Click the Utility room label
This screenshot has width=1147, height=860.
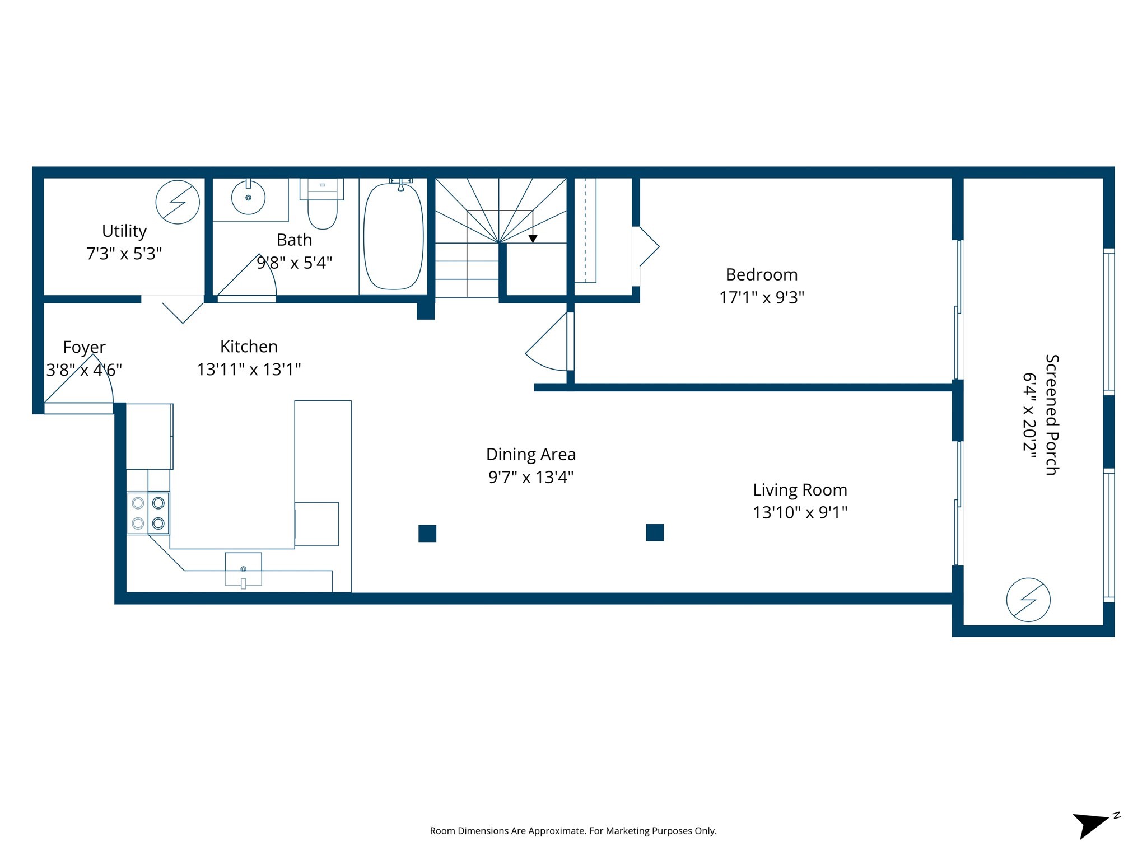pyautogui.click(x=124, y=231)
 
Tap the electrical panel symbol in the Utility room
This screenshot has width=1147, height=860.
pyautogui.click(x=178, y=202)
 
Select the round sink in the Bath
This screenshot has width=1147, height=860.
pyautogui.click(x=248, y=197)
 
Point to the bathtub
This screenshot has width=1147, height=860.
pyautogui.click(x=394, y=237)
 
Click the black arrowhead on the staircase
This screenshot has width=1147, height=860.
pyautogui.click(x=533, y=239)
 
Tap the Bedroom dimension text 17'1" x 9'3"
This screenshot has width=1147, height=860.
pyautogui.click(x=761, y=297)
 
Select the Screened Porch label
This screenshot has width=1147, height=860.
pyautogui.click(x=1052, y=415)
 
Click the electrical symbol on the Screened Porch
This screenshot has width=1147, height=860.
pyautogui.click(x=1028, y=600)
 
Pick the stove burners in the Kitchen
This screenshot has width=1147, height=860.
pyautogui.click(x=148, y=513)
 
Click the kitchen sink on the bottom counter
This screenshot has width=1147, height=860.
pyautogui.click(x=243, y=569)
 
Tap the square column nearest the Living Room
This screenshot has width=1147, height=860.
pyautogui.click(x=654, y=532)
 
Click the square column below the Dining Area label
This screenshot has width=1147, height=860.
pyautogui.click(x=427, y=534)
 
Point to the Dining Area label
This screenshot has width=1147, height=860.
pyautogui.click(x=530, y=454)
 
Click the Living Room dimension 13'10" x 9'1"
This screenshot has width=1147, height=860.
pyautogui.click(x=799, y=512)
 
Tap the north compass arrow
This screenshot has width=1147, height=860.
pyautogui.click(x=1090, y=825)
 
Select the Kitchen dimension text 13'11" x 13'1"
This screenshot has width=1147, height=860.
pyautogui.click(x=249, y=370)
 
